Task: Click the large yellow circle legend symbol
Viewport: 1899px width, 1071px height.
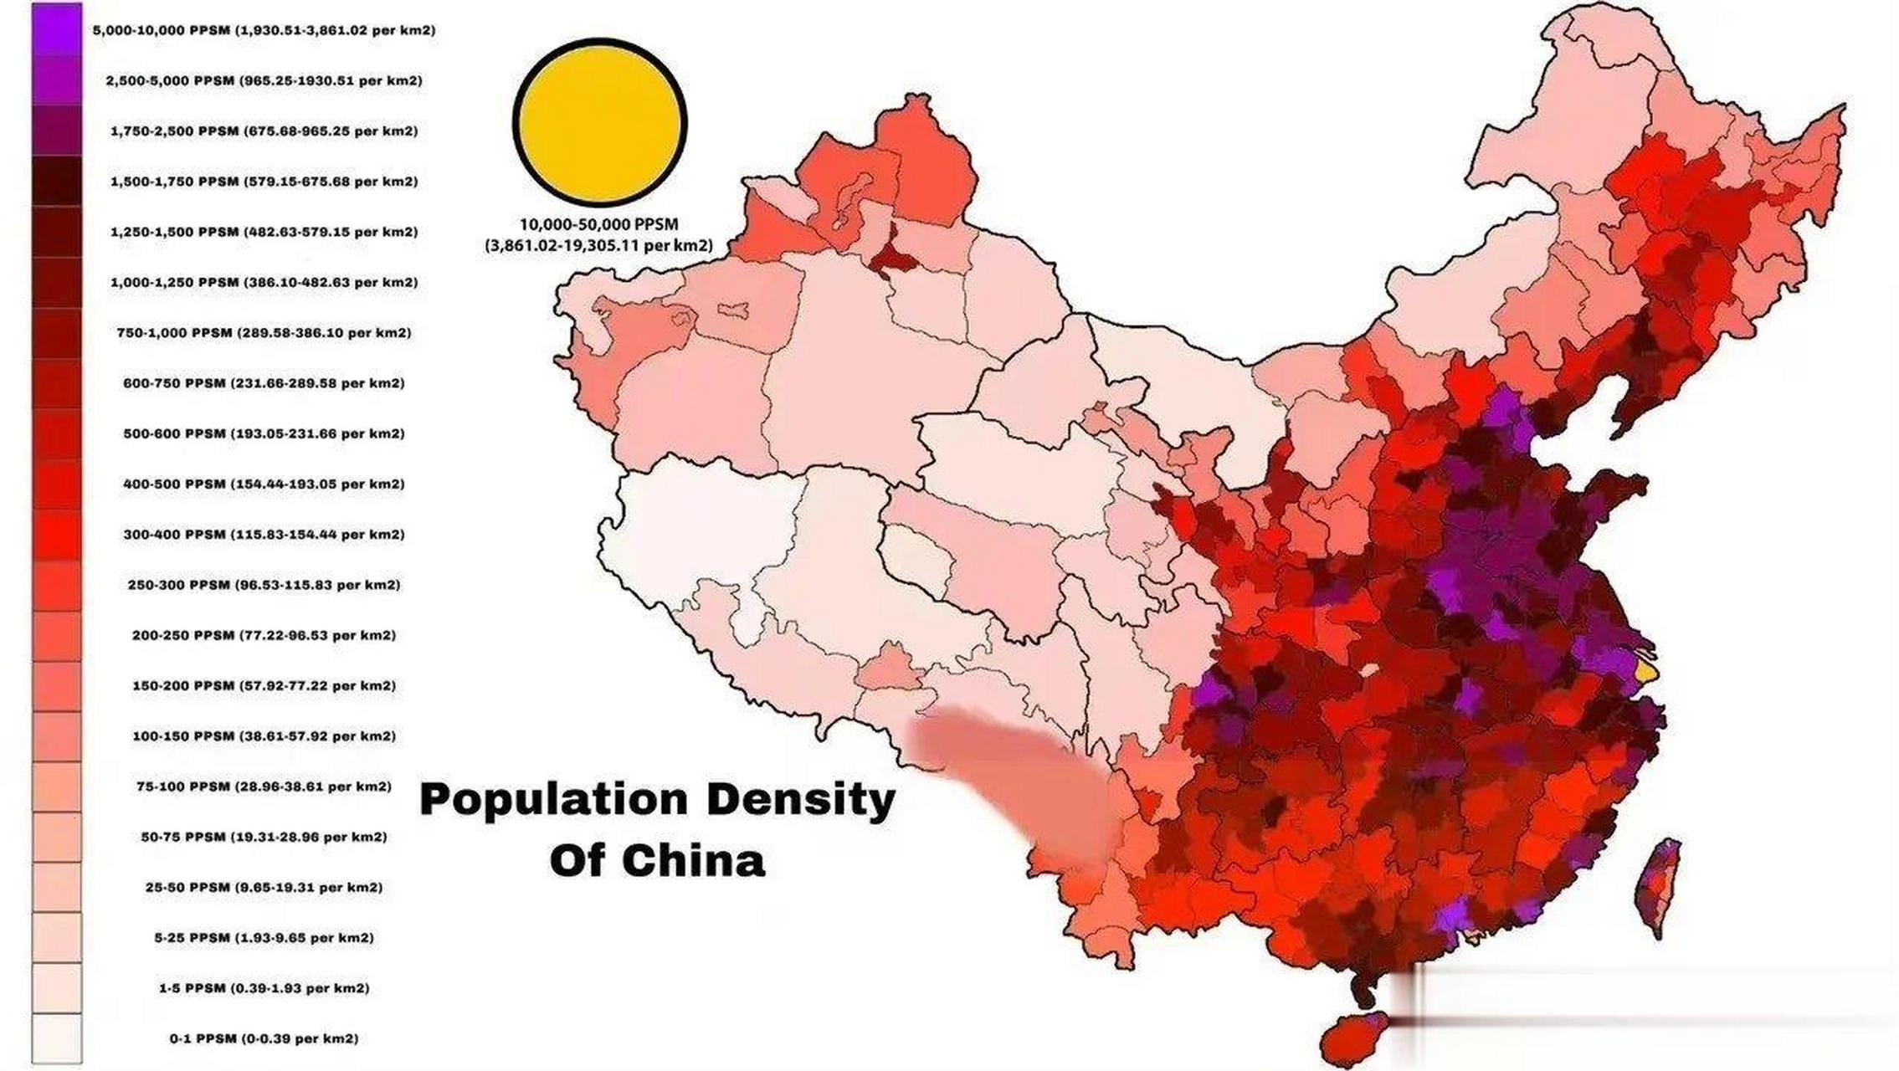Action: (x=599, y=122)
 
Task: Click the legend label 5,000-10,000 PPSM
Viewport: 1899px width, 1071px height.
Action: (x=264, y=30)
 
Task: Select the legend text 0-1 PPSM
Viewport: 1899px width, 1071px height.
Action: (x=264, y=1038)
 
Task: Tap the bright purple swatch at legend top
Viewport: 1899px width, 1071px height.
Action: (x=57, y=29)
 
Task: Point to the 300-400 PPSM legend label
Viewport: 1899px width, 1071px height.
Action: (x=264, y=534)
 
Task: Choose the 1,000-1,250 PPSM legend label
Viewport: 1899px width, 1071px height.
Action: (x=264, y=282)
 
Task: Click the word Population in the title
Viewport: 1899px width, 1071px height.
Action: (x=553, y=802)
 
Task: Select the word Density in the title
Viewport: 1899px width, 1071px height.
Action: (x=801, y=802)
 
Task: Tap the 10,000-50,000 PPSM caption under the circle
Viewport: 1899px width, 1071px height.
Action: (x=598, y=224)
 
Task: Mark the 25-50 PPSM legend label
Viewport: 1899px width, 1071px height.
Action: (x=264, y=887)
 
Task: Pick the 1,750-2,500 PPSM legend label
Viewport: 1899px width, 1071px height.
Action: (x=264, y=131)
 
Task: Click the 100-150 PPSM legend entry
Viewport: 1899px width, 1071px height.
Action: (x=264, y=736)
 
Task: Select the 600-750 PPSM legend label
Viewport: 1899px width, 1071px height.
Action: (x=264, y=383)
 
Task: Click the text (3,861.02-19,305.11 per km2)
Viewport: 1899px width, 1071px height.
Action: (x=598, y=246)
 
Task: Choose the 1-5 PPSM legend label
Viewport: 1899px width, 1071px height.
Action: (x=264, y=988)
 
